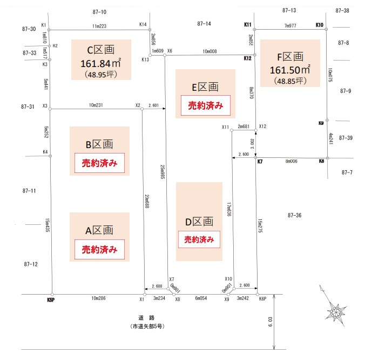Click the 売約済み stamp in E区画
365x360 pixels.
(x=205, y=106)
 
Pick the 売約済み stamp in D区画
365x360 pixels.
(x=199, y=239)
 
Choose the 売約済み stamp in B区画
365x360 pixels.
(x=99, y=162)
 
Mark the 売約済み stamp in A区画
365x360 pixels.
(x=99, y=250)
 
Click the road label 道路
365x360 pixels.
(x=146, y=317)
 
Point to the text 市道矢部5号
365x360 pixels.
(x=146, y=326)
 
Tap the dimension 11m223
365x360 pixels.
(x=100, y=26)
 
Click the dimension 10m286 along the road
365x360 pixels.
(x=99, y=298)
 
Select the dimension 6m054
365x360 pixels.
(x=201, y=298)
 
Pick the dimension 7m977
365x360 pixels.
(x=290, y=26)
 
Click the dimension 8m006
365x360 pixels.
(x=292, y=161)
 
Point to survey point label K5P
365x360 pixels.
(x=51, y=299)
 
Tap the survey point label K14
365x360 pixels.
(x=143, y=24)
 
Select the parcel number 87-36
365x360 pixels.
(x=295, y=215)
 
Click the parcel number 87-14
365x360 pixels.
(x=204, y=24)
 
